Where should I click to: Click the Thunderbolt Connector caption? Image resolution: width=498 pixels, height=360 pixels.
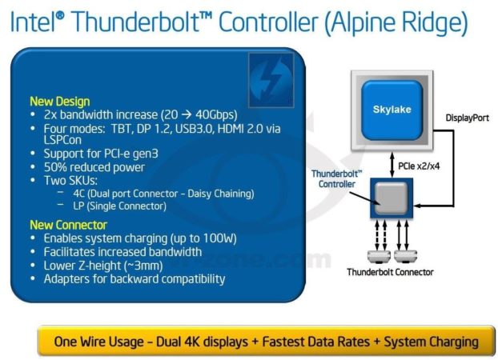point(390,272)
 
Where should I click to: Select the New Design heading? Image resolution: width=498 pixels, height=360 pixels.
point(59,102)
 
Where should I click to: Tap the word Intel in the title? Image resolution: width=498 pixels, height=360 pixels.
point(33,22)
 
